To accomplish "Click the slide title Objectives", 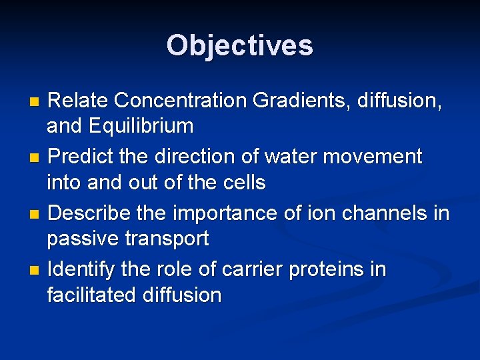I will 239,45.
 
